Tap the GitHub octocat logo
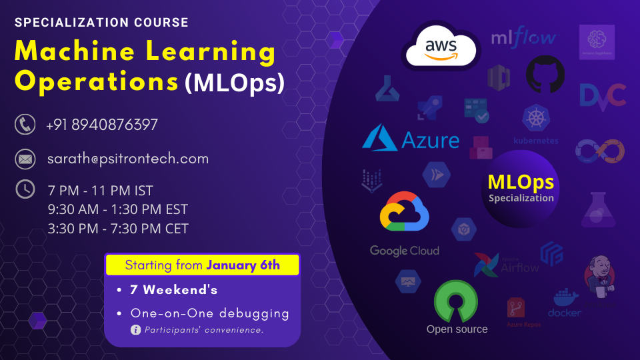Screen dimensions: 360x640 [545, 74]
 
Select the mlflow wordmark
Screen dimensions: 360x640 [524, 38]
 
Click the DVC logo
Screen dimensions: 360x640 [602, 95]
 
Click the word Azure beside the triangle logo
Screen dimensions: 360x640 [430, 140]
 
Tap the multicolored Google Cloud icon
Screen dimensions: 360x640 [404, 211]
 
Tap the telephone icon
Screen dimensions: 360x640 [25, 124]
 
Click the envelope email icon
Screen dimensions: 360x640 [25, 159]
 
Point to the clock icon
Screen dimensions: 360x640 [25, 189]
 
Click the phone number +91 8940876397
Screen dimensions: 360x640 [102, 125]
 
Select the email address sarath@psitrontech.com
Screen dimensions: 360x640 [128, 159]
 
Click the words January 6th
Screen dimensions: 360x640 [243, 265]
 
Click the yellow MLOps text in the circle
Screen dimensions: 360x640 [521, 181]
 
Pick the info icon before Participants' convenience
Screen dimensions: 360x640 [136, 329]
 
